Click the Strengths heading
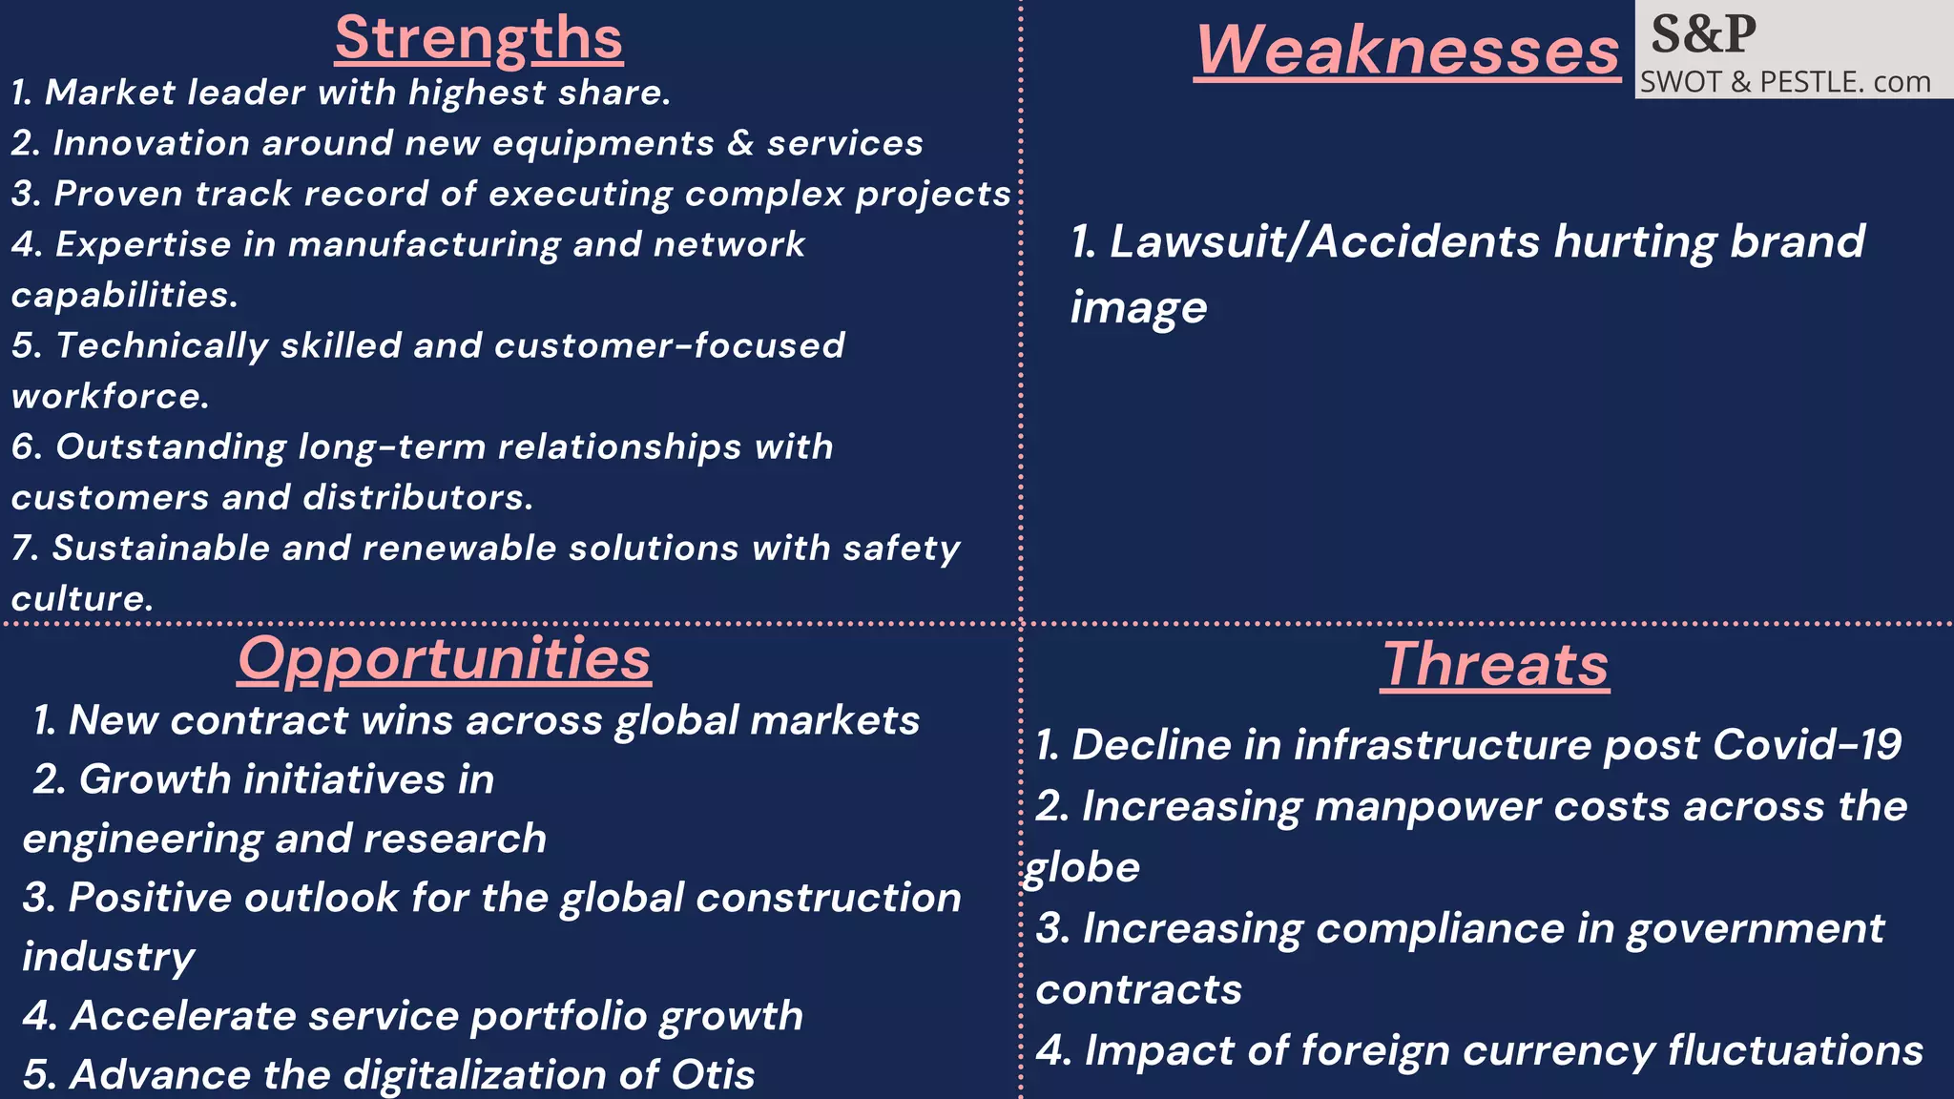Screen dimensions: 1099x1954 [479, 39]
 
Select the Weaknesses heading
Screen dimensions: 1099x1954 [1407, 50]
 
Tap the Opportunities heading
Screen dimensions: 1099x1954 [445, 658]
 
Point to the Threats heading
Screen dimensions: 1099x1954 [1495, 664]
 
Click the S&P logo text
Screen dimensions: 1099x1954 [1703, 34]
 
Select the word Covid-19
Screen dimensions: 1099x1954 [1807, 744]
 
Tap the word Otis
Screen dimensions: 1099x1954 [713, 1075]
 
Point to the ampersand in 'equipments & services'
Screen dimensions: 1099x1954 [740, 143]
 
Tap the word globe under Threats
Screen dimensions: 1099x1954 [1082, 868]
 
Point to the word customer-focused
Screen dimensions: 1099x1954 [669, 345]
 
